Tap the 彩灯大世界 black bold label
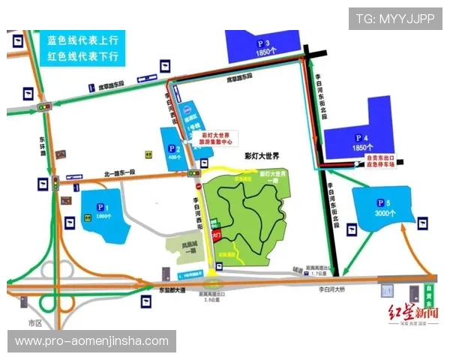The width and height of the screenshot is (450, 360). pos(262,156)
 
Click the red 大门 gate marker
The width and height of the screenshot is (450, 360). pos(217,234)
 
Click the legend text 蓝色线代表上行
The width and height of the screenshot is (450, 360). pos(82,42)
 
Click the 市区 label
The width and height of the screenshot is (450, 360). pos(34,321)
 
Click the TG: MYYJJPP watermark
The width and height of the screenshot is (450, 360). pos(394,19)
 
